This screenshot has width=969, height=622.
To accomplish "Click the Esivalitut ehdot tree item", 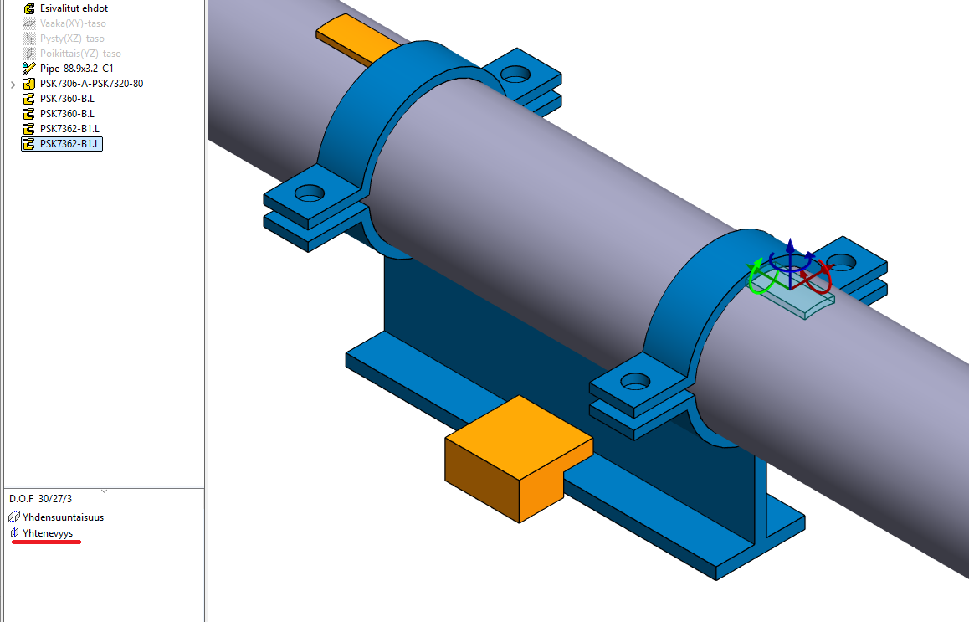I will (x=74, y=8).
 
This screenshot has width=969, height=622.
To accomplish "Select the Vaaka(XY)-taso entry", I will (x=73, y=23).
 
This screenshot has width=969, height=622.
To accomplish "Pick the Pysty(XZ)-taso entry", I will (x=72, y=39).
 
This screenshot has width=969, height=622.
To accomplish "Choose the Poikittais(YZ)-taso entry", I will (x=80, y=54).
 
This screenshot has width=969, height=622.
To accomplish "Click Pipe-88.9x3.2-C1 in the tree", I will (x=76, y=69).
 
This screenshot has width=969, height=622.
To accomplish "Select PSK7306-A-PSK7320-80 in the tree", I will (x=91, y=84).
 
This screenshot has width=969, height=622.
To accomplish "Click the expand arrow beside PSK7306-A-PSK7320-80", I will (x=13, y=85).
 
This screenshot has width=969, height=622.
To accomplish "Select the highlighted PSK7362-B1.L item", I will (x=70, y=144).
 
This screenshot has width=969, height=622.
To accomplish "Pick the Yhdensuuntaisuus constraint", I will (x=63, y=517).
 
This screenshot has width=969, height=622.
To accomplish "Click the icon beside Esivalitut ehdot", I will (x=30, y=8).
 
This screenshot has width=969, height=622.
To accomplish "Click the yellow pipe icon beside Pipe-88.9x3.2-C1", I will (x=30, y=69).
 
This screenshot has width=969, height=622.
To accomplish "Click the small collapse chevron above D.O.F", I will (x=104, y=491).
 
